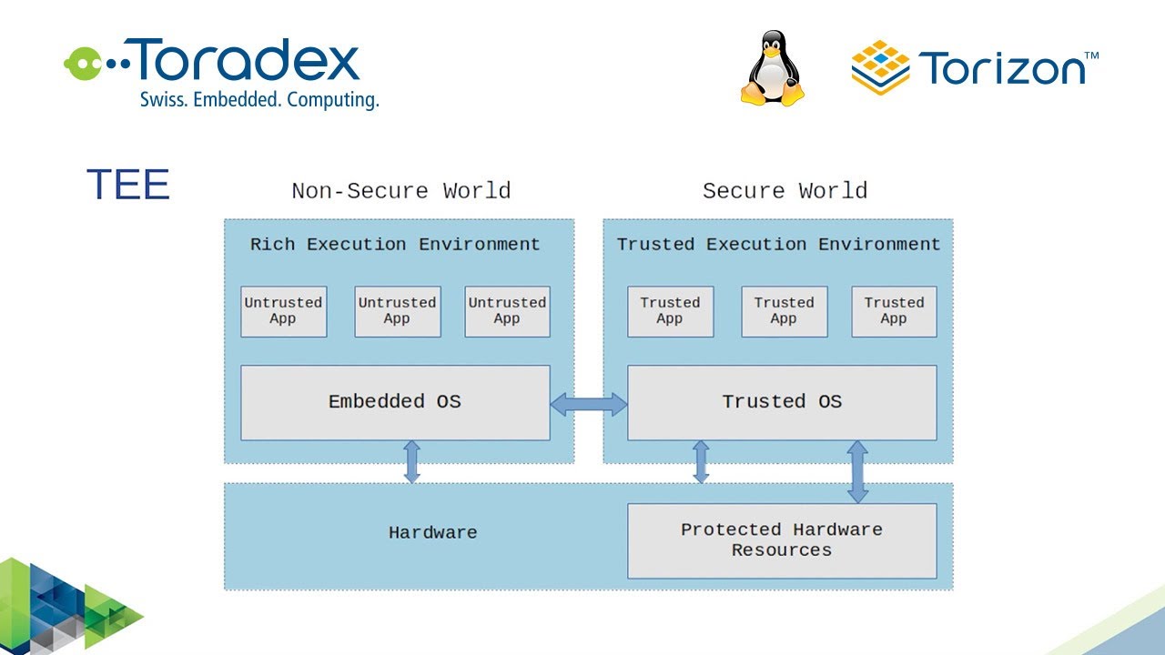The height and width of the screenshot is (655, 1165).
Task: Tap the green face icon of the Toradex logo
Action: coord(79,62)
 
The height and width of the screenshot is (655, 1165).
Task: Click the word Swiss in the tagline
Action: coord(160,100)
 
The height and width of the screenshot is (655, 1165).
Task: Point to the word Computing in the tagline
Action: coord(332,100)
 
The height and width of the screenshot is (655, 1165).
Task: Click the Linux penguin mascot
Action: coord(773,68)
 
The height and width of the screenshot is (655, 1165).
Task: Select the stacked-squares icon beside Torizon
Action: coord(880,67)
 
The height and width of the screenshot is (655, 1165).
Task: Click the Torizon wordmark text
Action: coord(1001,69)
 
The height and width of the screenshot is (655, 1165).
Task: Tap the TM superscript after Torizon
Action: coord(1092,56)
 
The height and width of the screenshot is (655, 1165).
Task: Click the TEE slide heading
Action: coord(128,185)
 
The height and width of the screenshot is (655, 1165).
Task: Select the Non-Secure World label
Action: coord(400,191)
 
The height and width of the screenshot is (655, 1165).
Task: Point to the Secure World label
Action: coord(785,191)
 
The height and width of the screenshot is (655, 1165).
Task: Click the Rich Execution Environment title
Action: coord(395,245)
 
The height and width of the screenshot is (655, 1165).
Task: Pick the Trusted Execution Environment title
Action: coord(778,245)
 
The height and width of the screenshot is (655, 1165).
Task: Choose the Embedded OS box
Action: coord(395,402)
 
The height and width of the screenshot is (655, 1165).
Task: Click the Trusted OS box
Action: coord(782,402)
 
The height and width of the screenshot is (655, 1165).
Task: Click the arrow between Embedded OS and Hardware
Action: coord(411,461)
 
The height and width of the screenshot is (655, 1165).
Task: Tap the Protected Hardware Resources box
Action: coord(782,540)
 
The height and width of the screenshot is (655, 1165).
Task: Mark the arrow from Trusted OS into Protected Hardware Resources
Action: coord(857,471)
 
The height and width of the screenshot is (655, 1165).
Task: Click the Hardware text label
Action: coord(432,533)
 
